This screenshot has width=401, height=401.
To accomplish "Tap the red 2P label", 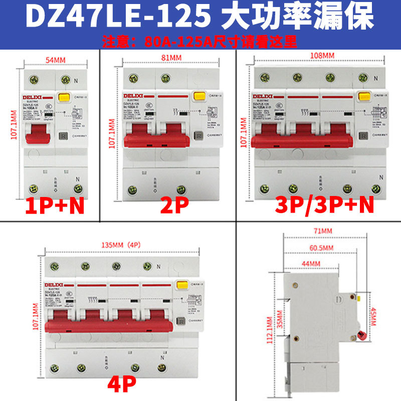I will [x=172, y=206].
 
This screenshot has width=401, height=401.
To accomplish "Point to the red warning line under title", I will [x=200, y=40].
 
